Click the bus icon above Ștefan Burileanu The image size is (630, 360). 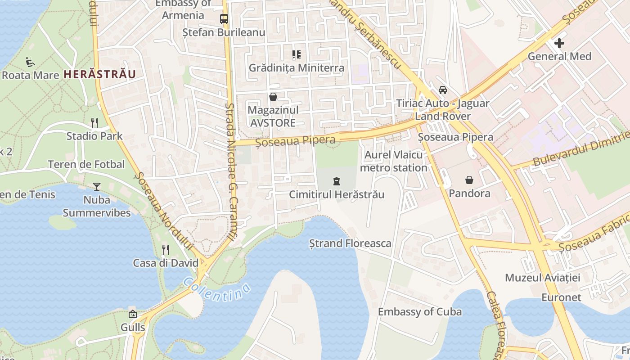tap(224, 19)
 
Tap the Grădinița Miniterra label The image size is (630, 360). tap(297, 68)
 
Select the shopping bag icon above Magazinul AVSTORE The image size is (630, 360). tap(273, 97)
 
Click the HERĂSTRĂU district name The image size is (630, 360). tap(99, 74)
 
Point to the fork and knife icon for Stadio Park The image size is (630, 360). tap(94, 122)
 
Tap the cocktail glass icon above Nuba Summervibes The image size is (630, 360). tap(96, 186)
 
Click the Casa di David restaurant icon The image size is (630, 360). tap(166, 249)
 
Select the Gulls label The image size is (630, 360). tap(133, 327)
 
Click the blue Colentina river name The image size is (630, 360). tap(217, 292)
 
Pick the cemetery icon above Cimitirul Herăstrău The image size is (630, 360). tap(336, 181)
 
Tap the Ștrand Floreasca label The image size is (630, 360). tap(350, 243)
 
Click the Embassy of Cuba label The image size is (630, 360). tap(419, 312)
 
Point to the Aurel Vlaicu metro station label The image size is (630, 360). tap(394, 162)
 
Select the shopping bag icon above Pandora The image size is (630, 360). tap(469, 180)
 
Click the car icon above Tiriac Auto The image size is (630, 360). tap(443, 90)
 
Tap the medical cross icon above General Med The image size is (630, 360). tap(559, 43)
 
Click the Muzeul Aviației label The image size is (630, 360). tap(542, 278)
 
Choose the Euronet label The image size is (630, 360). tap(561, 297)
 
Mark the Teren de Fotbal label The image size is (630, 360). tap(86, 165)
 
